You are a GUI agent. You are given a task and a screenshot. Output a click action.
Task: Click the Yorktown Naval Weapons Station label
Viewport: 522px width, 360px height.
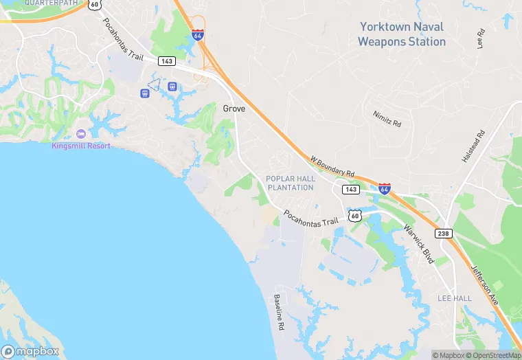click(x=402, y=34)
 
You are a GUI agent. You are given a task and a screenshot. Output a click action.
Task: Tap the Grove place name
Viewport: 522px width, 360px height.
click(x=234, y=109)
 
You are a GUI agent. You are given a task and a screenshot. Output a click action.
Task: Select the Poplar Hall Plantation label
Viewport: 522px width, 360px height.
click(x=291, y=183)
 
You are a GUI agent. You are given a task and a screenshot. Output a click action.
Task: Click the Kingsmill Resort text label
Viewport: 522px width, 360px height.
click(x=80, y=146)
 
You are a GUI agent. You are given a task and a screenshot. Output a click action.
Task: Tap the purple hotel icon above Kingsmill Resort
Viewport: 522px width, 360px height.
click(x=81, y=133)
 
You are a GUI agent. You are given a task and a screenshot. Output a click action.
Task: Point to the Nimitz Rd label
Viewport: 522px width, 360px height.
click(x=387, y=118)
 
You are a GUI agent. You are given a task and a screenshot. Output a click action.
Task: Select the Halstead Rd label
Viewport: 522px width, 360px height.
click(x=473, y=146)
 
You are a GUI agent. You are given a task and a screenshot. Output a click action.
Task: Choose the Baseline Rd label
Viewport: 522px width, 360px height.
click(x=280, y=313)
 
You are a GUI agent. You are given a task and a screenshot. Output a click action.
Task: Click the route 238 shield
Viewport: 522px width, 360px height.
click(x=444, y=234)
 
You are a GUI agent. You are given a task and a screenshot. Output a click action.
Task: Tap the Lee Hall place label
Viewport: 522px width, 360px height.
click(x=454, y=297)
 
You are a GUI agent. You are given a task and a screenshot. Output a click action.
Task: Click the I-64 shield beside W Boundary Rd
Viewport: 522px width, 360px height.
click(x=385, y=188)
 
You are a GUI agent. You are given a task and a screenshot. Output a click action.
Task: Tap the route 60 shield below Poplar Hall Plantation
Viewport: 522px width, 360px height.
click(x=354, y=215)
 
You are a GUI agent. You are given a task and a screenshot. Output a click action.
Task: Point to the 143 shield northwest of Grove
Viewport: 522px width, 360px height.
click(x=166, y=61)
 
